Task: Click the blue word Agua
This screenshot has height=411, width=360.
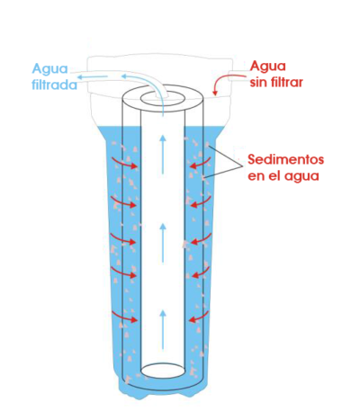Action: coord(50,69)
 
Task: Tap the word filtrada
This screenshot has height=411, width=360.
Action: coord(54,85)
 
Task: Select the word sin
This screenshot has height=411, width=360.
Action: coord(258,82)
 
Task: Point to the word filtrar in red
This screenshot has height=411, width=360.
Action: coord(286,82)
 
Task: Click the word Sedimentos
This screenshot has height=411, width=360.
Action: coord(286,159)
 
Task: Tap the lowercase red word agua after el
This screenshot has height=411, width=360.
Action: coord(301,175)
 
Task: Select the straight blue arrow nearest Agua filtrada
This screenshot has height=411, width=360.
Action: coord(93,77)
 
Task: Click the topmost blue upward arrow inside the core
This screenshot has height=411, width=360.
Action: coord(163,154)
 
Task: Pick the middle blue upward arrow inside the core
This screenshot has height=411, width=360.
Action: coord(163,243)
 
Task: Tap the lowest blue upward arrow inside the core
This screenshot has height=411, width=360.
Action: coord(163,329)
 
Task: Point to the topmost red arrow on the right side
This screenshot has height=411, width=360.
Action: coord(201,164)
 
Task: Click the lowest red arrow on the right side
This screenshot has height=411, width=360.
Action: coord(199,317)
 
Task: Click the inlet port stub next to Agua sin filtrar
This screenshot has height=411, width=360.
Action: coord(237,76)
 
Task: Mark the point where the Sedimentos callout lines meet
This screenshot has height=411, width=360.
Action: coord(242,166)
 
